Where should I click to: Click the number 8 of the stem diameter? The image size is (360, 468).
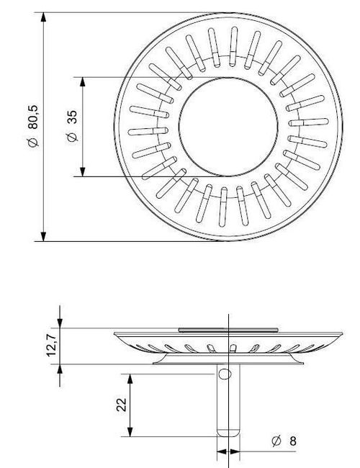[294, 441]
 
